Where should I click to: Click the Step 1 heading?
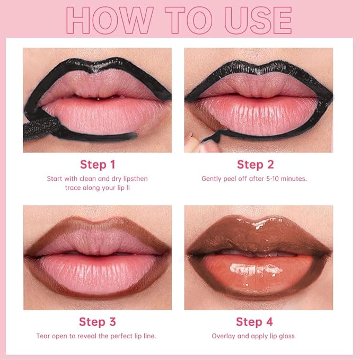[x=98, y=164]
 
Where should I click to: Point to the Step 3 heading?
[x=98, y=322]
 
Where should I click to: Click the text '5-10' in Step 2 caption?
[x=270, y=179]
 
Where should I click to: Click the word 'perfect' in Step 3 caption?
[x=122, y=336]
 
